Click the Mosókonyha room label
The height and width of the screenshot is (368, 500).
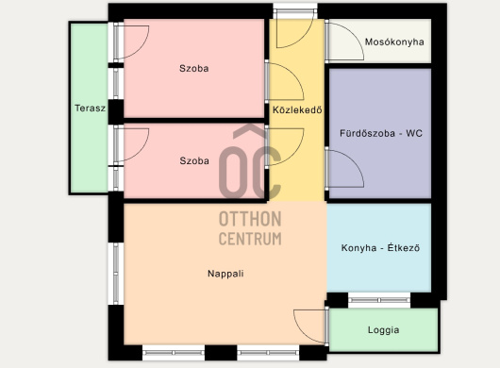[394, 42]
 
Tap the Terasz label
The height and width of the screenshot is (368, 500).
[90, 109]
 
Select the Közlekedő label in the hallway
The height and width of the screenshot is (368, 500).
[297, 110]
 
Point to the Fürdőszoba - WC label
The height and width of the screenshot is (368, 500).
[381, 133]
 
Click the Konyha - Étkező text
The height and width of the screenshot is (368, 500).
[380, 248]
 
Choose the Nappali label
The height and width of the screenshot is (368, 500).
[225, 274]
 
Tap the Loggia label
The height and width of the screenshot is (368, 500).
[383, 329]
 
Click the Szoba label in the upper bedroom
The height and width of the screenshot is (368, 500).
[194, 68]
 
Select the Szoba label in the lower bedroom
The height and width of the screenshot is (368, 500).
[194, 160]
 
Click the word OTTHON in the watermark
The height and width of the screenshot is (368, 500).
[250, 219]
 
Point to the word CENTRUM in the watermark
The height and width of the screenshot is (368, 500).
[250, 239]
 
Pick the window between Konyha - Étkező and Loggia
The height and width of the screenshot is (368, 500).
[379, 300]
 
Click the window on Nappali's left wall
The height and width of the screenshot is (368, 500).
[116, 274]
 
